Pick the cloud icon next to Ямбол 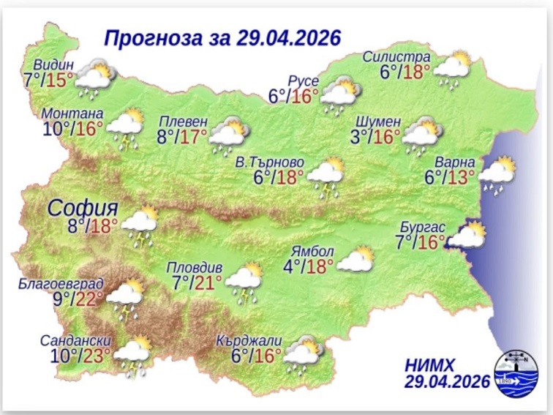(x=355, y=260)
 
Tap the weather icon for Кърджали (x=303, y=354)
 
